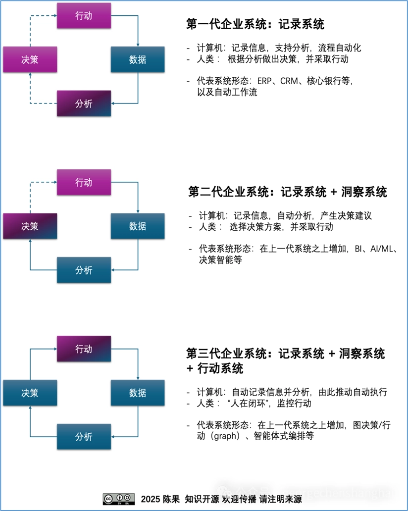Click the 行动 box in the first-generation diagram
pos(84,16)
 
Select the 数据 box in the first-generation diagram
pos(138,59)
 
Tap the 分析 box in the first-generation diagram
pos(84,103)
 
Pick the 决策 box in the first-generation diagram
pos(30,59)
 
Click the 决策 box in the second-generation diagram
pos(30,226)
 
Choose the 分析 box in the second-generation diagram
pos(84,270)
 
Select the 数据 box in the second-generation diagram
pos(138,226)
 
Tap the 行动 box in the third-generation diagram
pos(84,349)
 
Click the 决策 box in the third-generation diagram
pos(30,393)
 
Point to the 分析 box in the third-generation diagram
pos(84,437)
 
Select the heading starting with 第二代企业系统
pos(288,192)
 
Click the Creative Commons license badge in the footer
pos(119,499)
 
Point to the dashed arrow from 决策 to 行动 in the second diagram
pos(31,196)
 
